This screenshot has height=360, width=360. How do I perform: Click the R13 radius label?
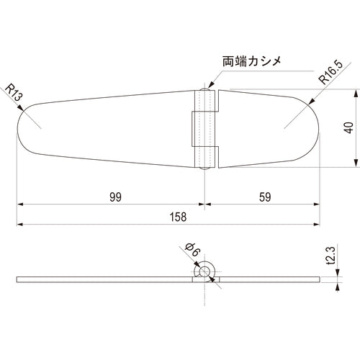click(x=14, y=92)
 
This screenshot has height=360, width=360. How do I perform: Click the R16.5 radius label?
click(x=331, y=72)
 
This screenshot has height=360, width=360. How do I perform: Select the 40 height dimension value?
click(x=348, y=127)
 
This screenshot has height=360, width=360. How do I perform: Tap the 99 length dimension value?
click(x=115, y=197)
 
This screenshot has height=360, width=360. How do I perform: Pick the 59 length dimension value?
click(x=265, y=197)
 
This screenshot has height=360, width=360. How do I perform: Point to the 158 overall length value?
click(x=178, y=217)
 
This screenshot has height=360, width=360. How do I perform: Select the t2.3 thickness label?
click(x=331, y=256)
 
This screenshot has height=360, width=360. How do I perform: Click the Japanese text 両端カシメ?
click(x=252, y=61)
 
